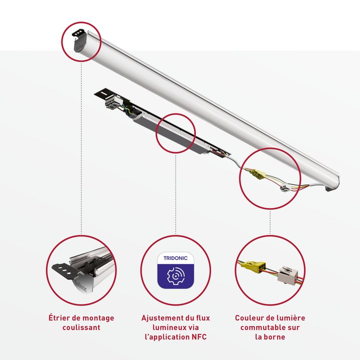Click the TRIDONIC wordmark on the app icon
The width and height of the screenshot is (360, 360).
(x=175, y=258)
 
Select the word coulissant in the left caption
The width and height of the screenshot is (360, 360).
(x=81, y=327)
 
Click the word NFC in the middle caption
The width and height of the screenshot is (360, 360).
(x=199, y=337)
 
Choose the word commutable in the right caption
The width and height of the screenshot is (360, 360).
(x=260, y=327)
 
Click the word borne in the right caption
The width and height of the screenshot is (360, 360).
(x=275, y=337)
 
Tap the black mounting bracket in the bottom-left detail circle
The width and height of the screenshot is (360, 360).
(x=64, y=271)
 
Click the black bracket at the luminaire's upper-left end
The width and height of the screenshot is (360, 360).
(x=79, y=40)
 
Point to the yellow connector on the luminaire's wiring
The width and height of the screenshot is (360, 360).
(x=258, y=174)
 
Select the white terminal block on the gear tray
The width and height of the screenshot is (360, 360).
(x=113, y=102)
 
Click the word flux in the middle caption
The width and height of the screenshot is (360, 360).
(x=203, y=318)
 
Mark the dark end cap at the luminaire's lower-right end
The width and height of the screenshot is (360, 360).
(x=329, y=189)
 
